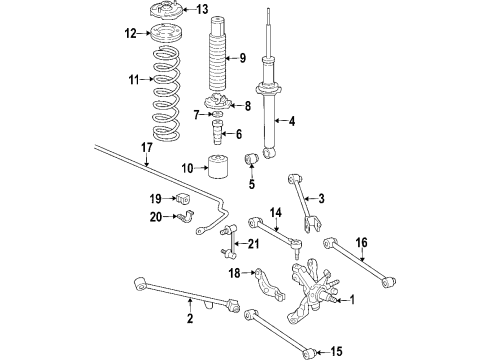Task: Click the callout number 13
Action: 202,9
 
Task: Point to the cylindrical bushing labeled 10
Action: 219,166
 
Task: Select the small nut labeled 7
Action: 217,115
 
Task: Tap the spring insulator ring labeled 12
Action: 166,34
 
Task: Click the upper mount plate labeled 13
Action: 163,11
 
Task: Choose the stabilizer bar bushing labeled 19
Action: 182,199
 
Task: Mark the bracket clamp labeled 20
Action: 187,217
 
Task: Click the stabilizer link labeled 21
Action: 228,243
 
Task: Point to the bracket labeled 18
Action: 269,284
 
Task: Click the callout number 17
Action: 147,147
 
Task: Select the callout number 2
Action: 190,318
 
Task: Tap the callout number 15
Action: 336,351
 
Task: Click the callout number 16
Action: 362,242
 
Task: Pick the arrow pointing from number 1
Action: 343,301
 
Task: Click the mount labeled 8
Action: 217,102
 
